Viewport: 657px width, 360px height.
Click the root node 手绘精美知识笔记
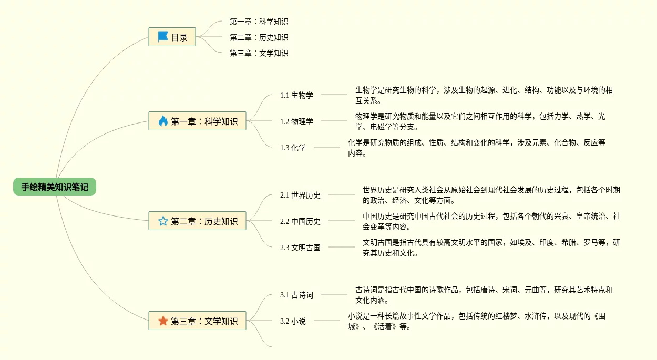coord(55,187)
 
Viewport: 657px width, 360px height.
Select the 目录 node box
coord(172,37)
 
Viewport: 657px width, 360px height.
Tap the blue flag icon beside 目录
coord(163,37)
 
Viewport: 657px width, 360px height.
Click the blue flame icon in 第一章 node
coord(163,121)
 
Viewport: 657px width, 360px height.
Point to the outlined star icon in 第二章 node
coord(163,221)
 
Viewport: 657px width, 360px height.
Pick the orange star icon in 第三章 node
coord(163,321)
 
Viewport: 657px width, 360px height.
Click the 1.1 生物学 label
coord(296,95)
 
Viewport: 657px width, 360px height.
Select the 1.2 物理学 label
coord(296,121)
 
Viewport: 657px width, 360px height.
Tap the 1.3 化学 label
coord(293,148)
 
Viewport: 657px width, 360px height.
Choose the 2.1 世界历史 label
coord(300,195)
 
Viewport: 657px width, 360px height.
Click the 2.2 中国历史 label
coord(300,221)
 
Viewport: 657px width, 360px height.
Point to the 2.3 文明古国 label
coord(300,248)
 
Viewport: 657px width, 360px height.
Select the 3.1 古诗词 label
coord(296,295)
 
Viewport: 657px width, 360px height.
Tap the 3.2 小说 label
coord(293,321)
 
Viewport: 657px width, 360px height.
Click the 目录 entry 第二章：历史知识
coord(259,37)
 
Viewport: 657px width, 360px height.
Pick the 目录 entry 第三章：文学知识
coord(259,53)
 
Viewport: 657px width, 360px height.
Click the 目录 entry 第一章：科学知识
coord(259,22)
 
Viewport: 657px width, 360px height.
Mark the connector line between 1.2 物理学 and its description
coord(334,121)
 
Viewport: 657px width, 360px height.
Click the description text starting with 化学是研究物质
coord(476,148)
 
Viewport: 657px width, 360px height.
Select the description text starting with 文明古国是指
coord(491,248)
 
